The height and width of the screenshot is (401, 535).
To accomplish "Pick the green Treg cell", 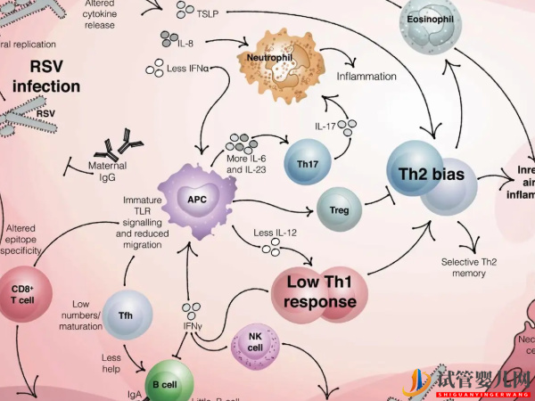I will (339, 210).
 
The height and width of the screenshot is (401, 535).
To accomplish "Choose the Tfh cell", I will (124, 315).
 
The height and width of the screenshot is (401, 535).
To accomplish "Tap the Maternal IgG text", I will (108, 171).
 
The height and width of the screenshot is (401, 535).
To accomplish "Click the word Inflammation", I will (366, 77).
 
